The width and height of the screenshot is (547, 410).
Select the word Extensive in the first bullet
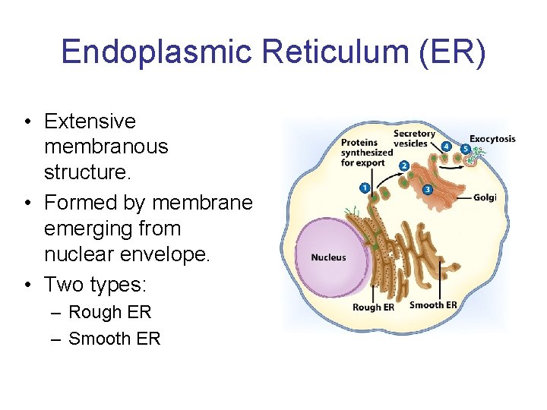[90, 121]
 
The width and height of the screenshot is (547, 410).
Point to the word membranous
[106, 147]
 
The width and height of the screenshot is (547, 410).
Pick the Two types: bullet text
[95, 285]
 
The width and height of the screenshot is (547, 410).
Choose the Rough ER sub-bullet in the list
[109, 312]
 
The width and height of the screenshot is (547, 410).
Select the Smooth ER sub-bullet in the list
[114, 339]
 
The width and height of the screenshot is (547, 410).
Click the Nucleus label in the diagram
[328, 257]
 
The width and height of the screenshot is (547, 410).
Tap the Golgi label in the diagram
[485, 197]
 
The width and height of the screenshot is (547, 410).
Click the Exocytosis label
[492, 139]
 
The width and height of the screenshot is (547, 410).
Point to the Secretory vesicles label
[414, 139]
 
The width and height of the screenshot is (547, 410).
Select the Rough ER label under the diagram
[373, 307]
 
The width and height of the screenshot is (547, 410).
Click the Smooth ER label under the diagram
[433, 305]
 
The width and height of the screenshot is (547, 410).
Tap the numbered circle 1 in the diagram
[365, 188]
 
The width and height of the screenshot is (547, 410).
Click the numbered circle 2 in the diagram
[404, 166]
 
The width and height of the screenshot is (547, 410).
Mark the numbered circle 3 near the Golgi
[427, 189]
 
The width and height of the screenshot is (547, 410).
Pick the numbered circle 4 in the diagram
[446, 147]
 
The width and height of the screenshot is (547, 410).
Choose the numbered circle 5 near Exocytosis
[465, 150]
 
